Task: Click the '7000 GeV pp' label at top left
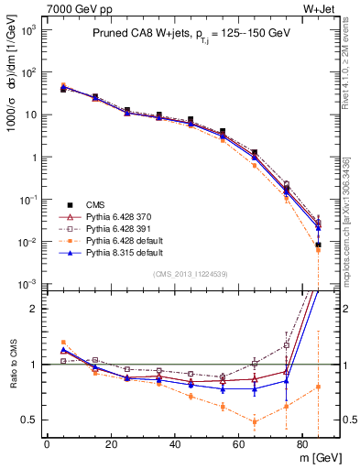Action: (74, 8)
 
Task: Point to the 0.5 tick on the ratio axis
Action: (30, 420)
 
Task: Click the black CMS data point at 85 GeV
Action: (318, 245)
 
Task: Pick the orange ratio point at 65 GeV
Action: (254, 421)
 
